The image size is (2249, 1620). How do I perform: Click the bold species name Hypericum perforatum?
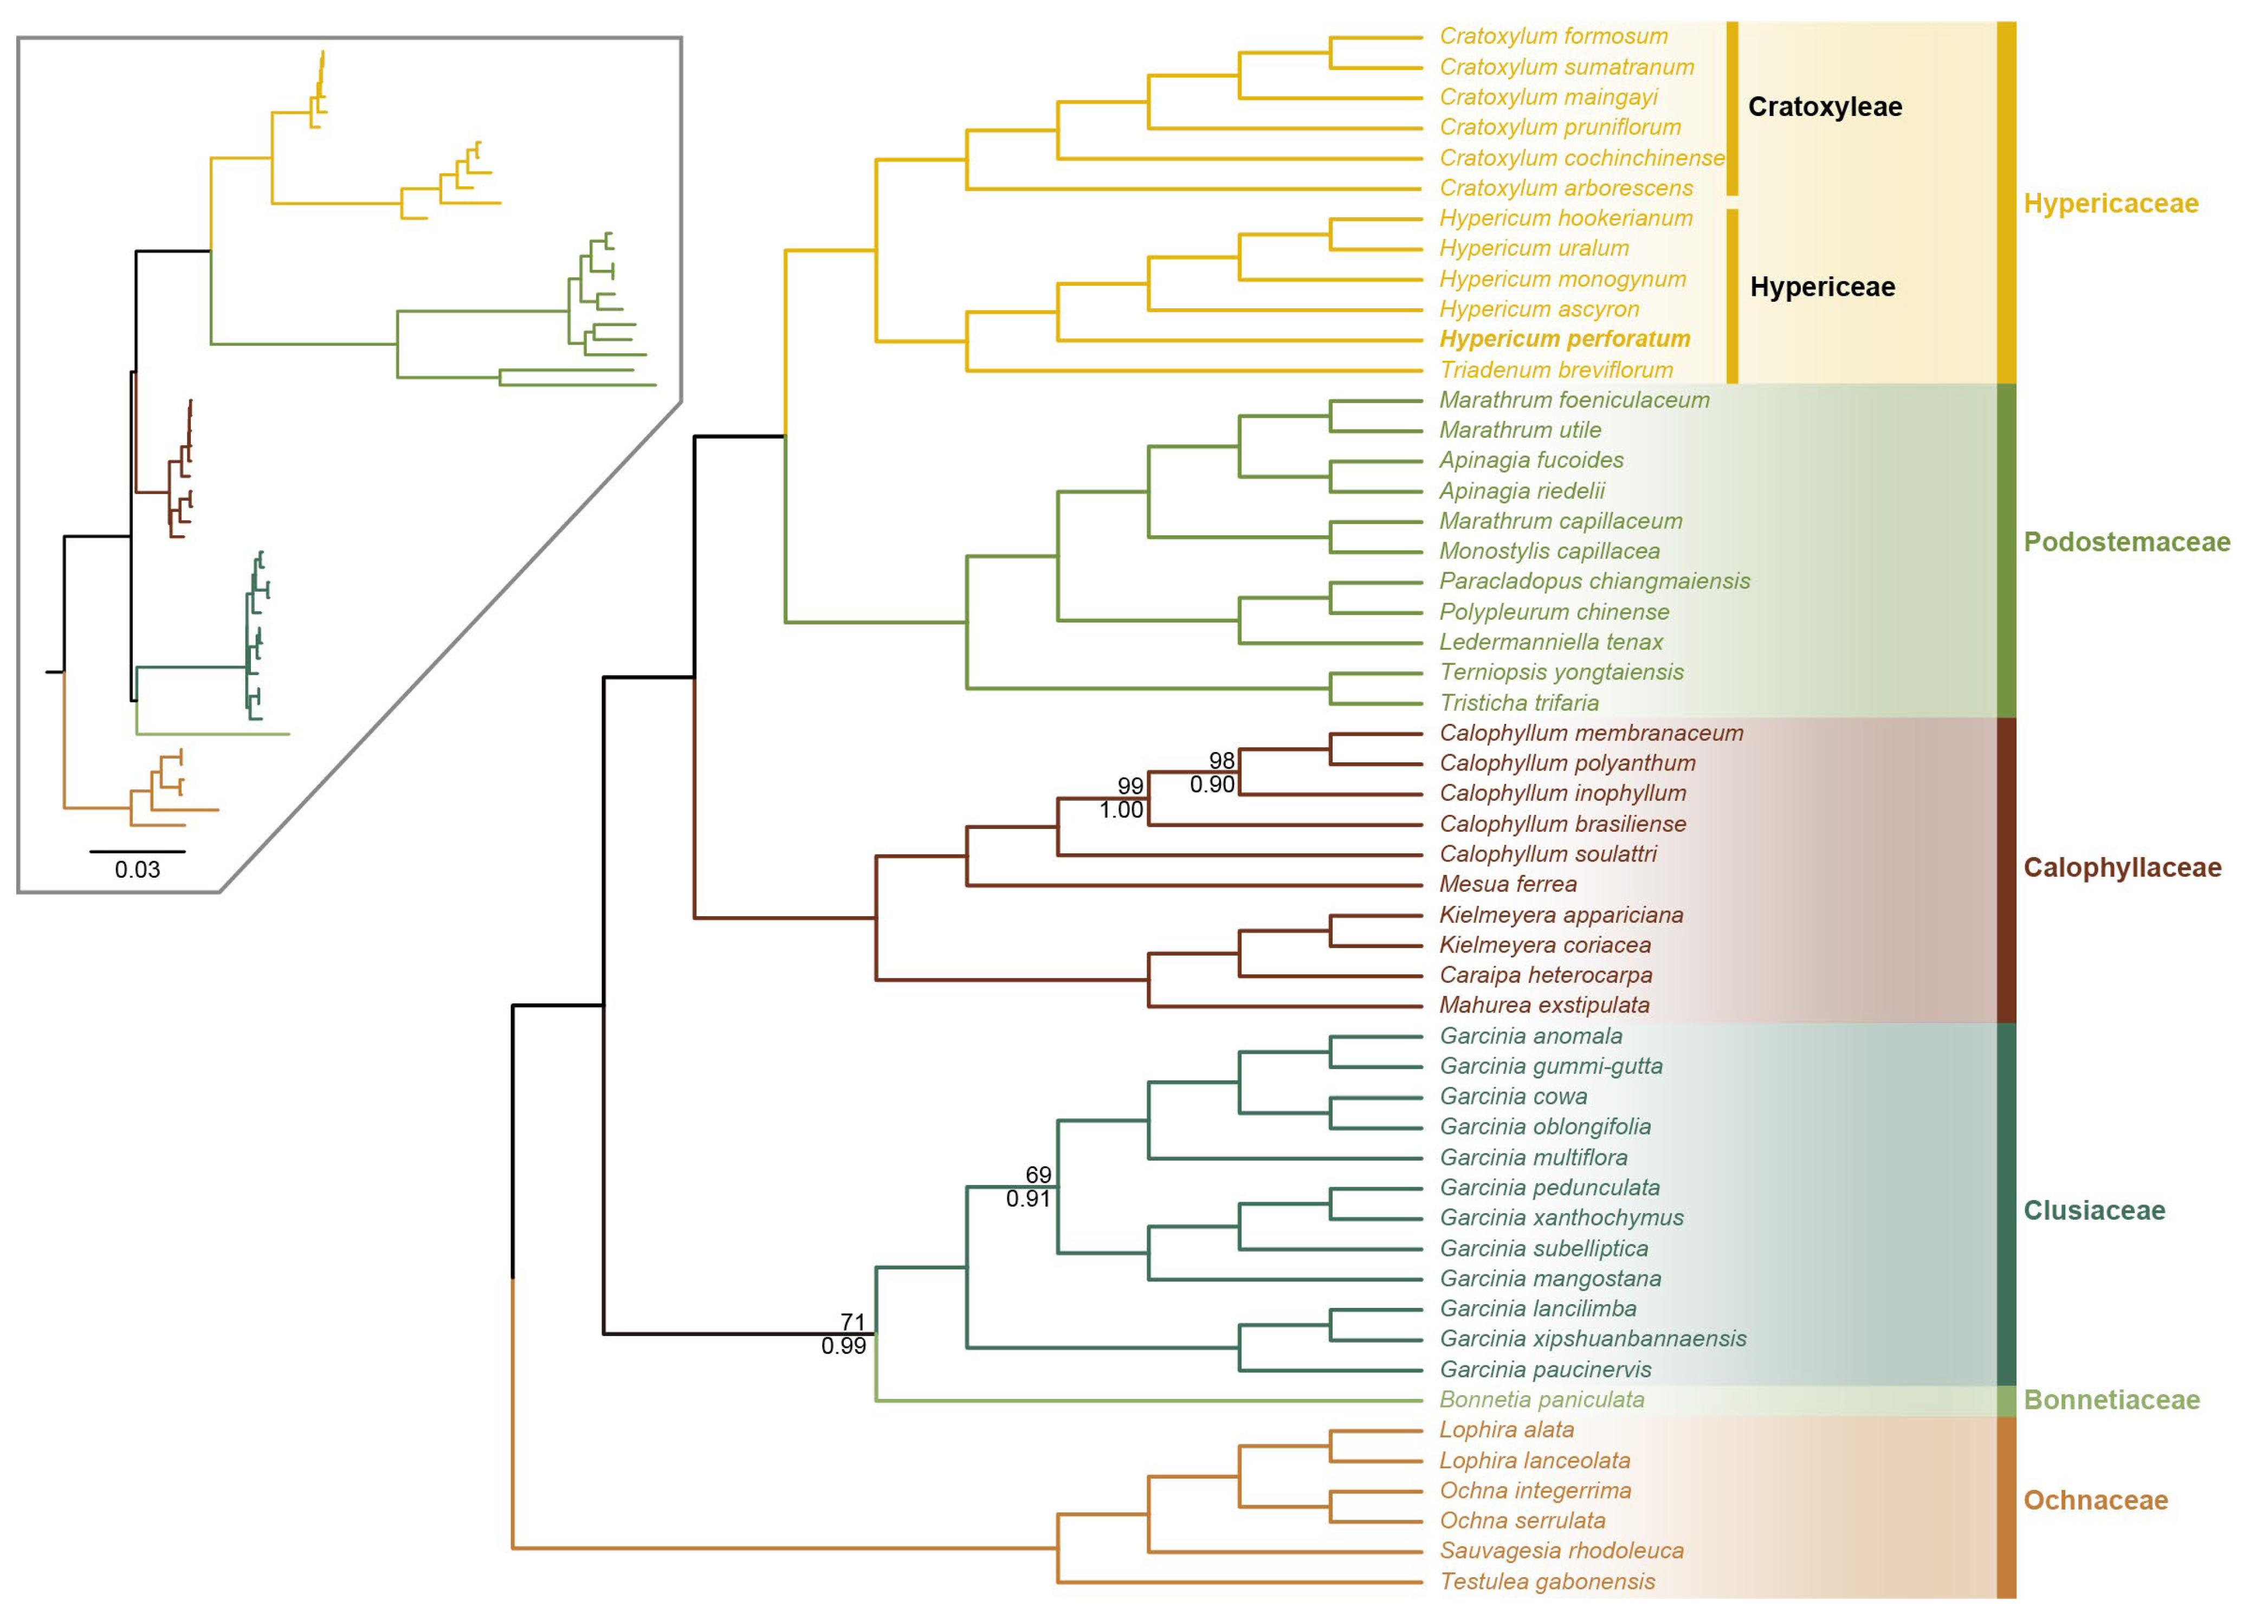pos(1564,339)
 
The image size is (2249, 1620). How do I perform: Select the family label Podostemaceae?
pos(2126,542)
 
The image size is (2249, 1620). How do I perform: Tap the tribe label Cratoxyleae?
pos(1825,107)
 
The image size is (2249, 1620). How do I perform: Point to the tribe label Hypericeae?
pos(1821,288)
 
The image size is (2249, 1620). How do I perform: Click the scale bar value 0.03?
pos(137,870)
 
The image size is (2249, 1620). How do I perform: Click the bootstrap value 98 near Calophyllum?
pos(1222,761)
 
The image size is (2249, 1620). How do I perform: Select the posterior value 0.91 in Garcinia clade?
pos(1029,1198)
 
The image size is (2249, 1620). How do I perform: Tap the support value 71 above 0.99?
pos(853,1321)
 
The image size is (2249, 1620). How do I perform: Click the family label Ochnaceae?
pos(2095,1500)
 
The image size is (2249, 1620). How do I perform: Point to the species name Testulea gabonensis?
pos(1547,1582)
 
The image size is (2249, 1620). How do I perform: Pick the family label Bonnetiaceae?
pos(2111,1400)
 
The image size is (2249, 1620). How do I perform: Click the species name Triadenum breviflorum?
pos(1556,370)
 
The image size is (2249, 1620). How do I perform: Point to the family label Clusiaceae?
pos(2093,1210)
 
